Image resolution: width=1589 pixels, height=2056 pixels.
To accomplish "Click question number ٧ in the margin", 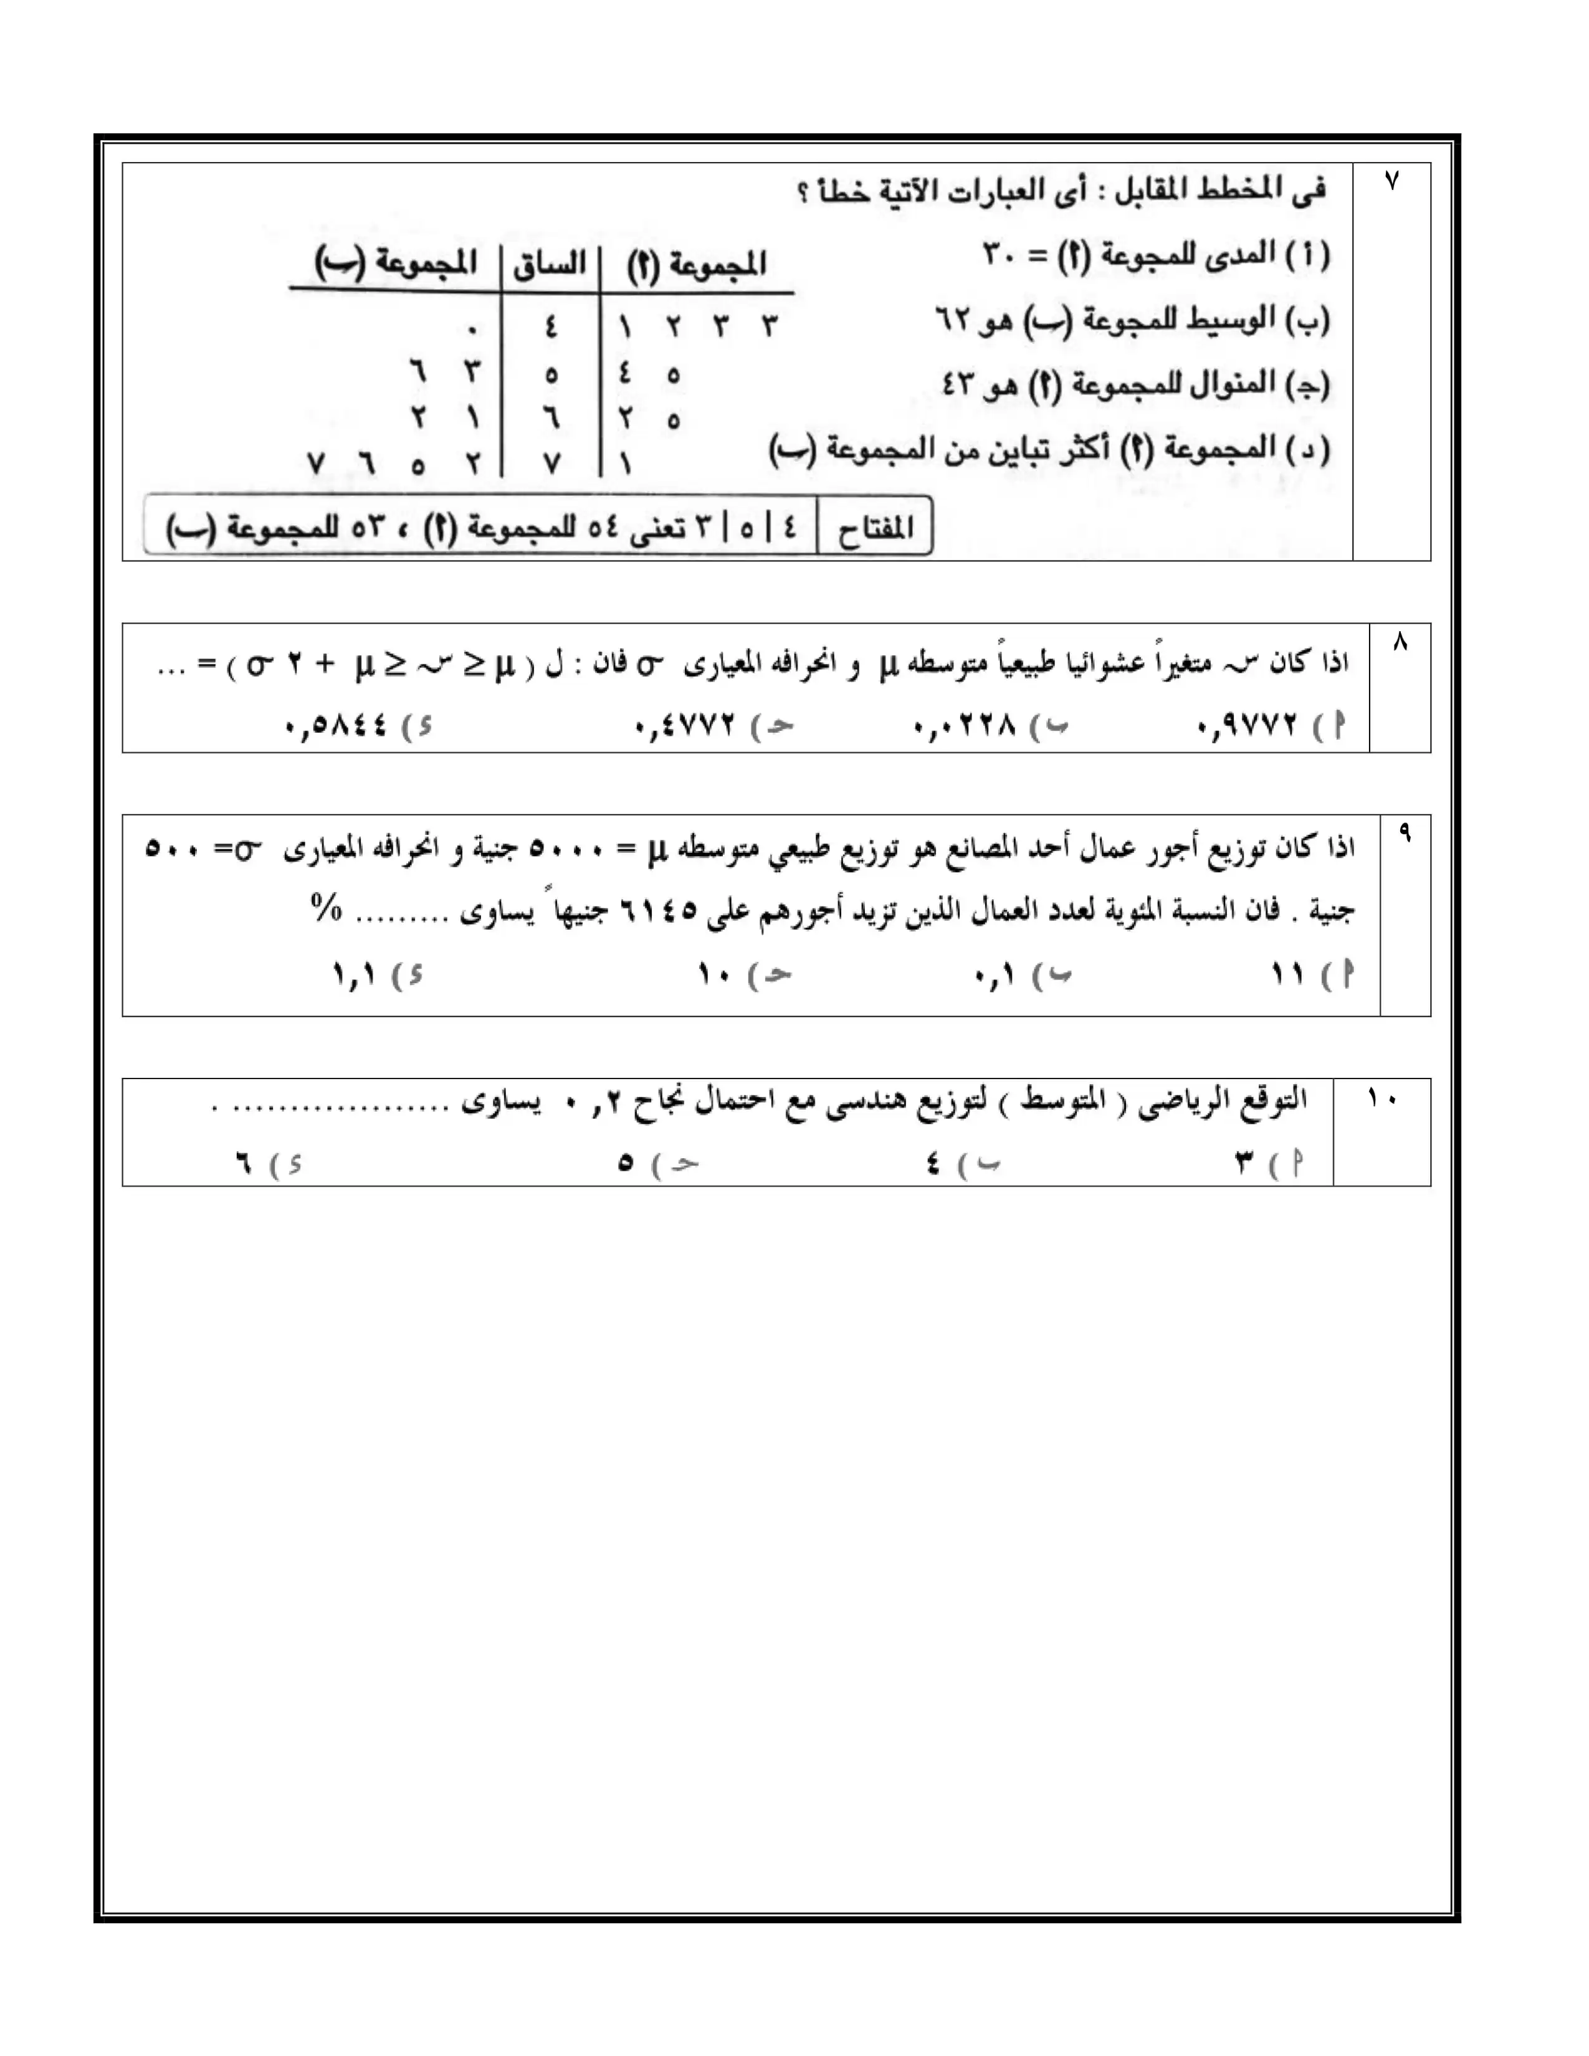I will pos(1391,181).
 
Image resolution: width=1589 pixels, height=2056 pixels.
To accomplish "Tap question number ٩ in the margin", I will pos(1405,833).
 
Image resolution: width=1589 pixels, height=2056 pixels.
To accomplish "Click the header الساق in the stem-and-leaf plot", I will pos(550,264).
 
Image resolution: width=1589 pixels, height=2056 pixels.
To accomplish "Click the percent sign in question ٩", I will pos(326,908).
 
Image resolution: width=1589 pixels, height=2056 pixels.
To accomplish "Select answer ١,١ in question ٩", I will pos(354,975).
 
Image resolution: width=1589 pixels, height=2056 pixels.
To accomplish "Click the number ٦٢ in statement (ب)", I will pos(957,321).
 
